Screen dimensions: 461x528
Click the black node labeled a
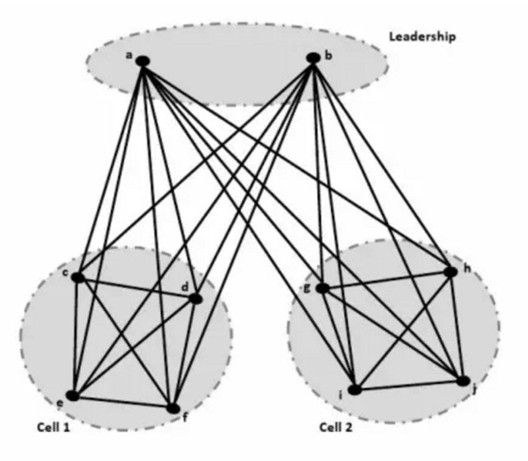click(x=142, y=61)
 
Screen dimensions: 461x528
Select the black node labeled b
click(x=312, y=59)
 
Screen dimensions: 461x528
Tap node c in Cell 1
click(x=77, y=278)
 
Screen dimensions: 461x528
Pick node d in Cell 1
click(x=195, y=299)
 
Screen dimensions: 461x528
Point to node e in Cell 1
click(x=72, y=396)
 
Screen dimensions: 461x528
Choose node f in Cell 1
click(x=172, y=408)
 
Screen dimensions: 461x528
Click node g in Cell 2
click(x=323, y=288)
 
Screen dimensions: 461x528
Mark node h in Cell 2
click(x=451, y=271)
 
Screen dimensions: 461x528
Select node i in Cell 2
click(x=354, y=389)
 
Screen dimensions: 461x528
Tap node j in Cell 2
click(x=464, y=381)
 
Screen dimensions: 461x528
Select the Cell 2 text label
click(x=339, y=427)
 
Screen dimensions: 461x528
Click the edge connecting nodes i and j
click(x=409, y=385)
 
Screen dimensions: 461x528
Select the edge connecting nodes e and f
click(x=122, y=402)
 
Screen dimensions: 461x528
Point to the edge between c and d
click(x=136, y=288)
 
